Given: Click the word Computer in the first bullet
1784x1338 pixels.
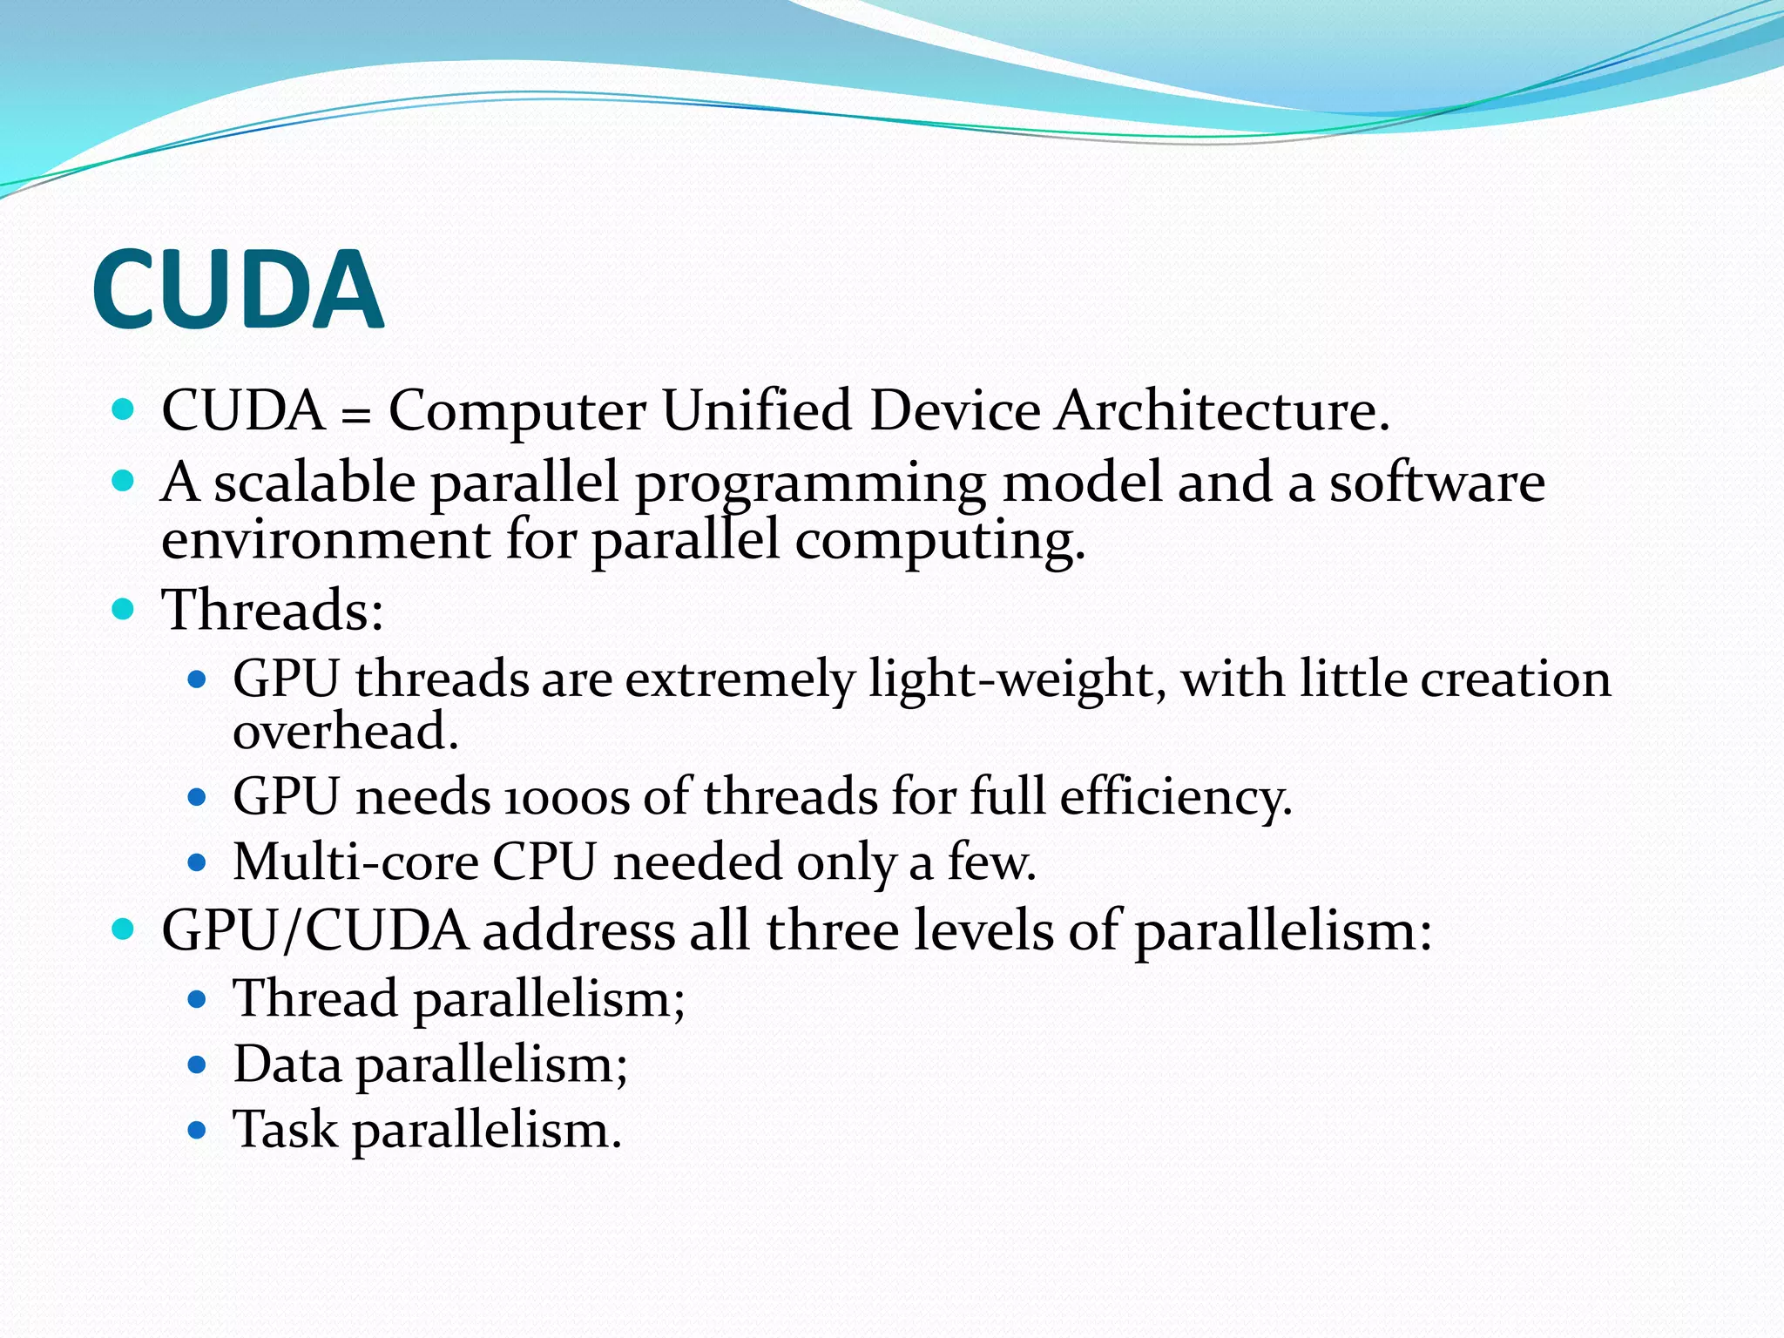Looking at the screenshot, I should click(517, 410).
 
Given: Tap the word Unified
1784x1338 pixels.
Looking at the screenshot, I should click(756, 410).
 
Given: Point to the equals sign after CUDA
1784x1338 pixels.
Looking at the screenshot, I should click(355, 414).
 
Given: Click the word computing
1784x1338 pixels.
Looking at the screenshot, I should click(940, 542).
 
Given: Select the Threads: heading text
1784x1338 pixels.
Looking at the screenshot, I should click(273, 609).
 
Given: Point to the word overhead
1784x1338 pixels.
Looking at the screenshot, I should click(345, 731).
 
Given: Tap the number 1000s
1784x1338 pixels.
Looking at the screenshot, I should click(566, 797).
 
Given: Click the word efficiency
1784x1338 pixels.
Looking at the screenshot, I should click(1175, 798).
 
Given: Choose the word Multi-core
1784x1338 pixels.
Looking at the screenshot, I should click(355, 862).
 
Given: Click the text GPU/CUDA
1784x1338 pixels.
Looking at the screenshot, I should click(314, 931).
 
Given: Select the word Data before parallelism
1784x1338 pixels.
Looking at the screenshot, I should click(287, 1064).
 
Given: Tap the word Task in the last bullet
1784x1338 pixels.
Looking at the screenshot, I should click(284, 1130).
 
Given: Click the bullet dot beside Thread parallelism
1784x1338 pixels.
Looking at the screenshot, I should click(197, 999).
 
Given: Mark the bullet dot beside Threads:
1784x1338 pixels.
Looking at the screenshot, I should click(124, 609).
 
